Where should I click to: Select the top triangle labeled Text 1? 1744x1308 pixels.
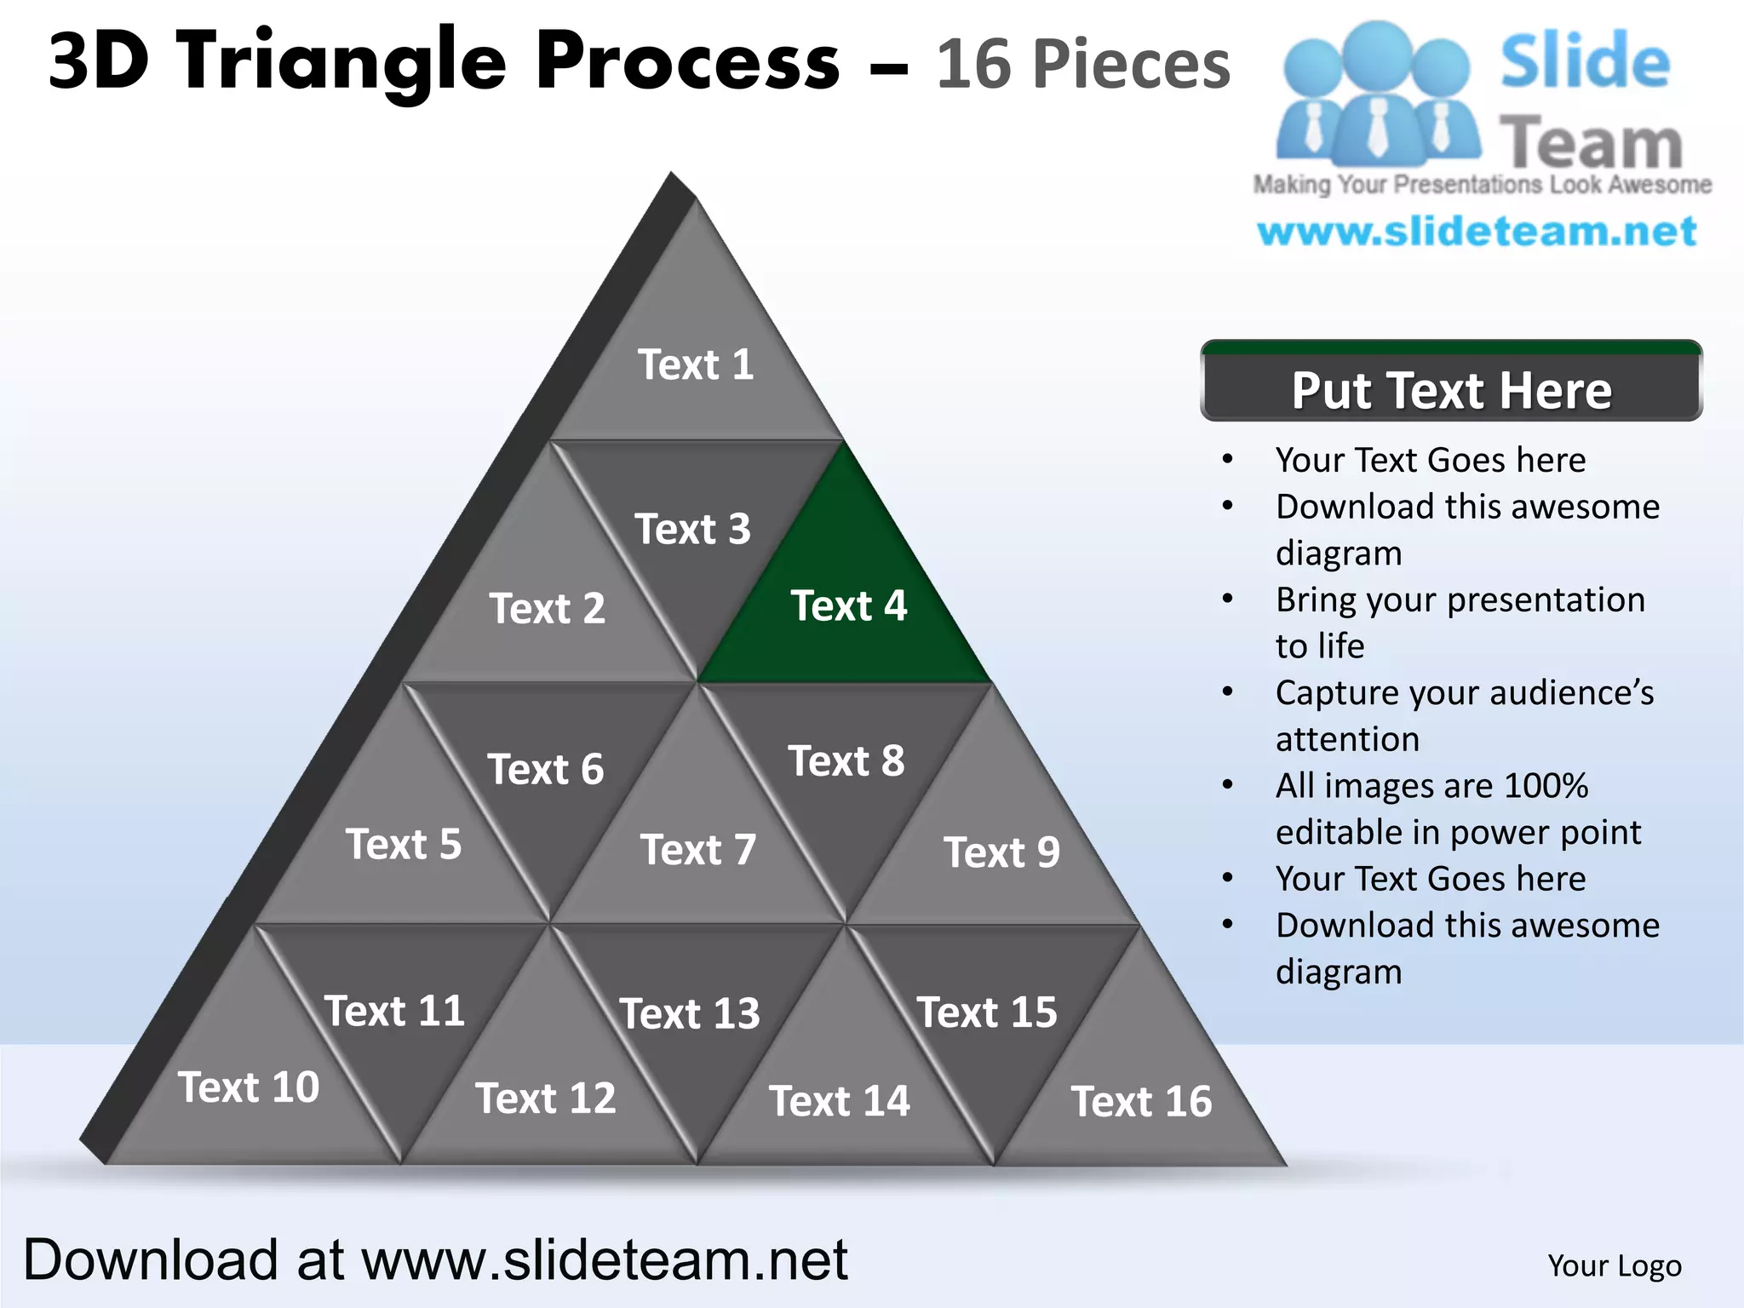point(696,364)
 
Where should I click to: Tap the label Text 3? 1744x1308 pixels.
point(692,529)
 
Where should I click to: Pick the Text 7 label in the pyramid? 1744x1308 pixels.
point(698,850)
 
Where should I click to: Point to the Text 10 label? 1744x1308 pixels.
point(249,1087)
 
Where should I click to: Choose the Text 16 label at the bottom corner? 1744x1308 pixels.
point(1141,1101)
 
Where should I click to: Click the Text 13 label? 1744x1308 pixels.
point(690,1013)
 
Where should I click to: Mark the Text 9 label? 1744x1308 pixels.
point(1001,852)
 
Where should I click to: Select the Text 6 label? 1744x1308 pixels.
point(545,769)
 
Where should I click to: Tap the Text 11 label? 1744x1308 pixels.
point(394,1012)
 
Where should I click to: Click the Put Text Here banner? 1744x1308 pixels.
point(1451,390)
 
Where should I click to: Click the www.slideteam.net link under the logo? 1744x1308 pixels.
point(1477,232)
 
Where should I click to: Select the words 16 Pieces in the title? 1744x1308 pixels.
point(1083,65)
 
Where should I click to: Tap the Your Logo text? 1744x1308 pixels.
point(1614,1265)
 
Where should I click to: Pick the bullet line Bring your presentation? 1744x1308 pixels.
point(1460,599)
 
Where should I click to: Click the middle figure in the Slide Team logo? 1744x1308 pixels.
point(1377,94)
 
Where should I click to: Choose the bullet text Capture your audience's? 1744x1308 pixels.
point(1464,692)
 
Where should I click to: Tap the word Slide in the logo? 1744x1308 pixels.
point(1585,61)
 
